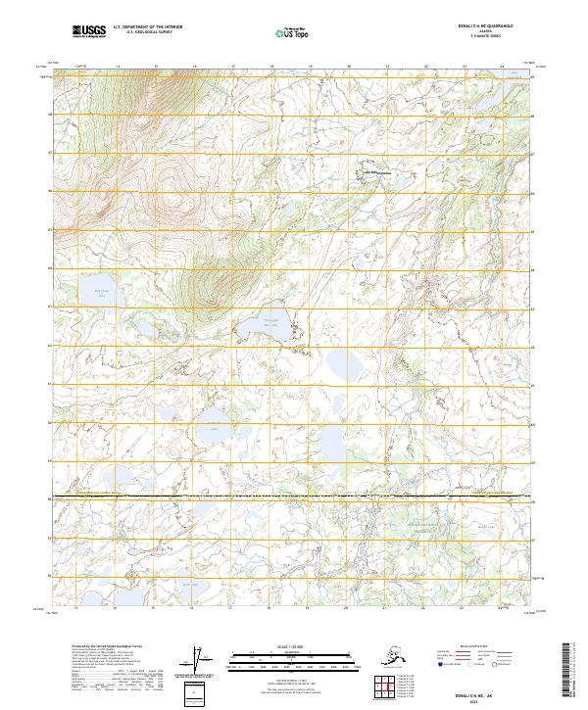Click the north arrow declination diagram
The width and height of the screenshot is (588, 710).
(x=202, y=659)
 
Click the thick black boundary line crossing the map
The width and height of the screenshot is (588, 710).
(x=294, y=497)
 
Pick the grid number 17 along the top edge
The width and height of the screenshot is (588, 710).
(x=232, y=68)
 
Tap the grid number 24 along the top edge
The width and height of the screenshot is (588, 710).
(x=502, y=68)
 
